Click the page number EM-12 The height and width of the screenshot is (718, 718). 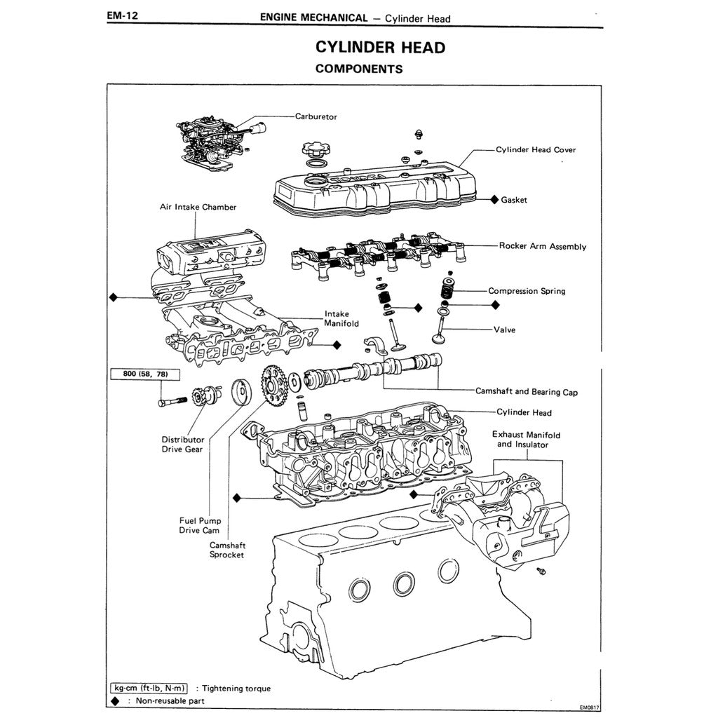point(122,15)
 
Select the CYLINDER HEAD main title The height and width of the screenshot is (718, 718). point(380,47)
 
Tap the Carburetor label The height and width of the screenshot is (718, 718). point(316,116)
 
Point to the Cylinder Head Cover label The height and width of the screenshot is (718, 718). point(536,149)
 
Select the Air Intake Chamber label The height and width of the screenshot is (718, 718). point(198,208)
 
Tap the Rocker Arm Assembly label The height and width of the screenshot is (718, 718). point(542,246)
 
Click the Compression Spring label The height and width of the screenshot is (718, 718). point(526,291)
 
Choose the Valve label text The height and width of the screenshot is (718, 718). point(504,330)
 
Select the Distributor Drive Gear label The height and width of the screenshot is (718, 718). point(183,445)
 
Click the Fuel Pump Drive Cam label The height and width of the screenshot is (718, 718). point(200,526)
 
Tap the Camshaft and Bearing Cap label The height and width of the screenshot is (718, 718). point(526,392)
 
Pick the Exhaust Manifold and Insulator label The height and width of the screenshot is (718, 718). point(526,440)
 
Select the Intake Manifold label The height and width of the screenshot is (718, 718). point(341,319)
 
